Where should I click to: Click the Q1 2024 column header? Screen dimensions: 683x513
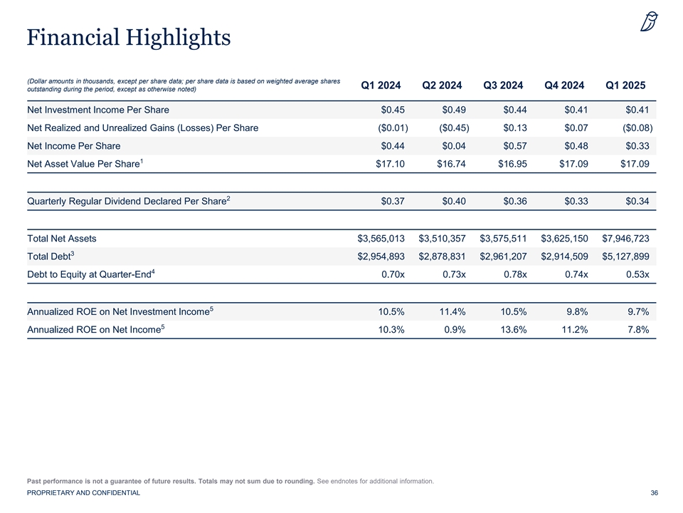381,85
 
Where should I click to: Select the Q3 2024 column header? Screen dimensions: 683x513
503,85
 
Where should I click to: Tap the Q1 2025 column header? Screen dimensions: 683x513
625,85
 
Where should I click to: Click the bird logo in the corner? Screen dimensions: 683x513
649,22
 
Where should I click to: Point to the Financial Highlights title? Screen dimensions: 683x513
129,38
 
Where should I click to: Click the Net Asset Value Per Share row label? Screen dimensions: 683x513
85,164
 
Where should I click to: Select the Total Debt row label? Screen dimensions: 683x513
51,256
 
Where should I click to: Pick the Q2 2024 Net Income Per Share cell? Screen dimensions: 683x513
454,146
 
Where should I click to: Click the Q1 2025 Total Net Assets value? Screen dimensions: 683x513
625,239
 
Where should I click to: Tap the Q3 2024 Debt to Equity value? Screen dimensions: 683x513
515,274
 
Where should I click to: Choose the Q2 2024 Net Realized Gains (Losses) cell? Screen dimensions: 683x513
454,128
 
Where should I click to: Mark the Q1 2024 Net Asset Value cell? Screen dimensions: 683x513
391,164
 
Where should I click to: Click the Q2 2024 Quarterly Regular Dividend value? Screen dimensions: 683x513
454,202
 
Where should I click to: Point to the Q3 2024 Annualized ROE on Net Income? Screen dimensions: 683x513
514,330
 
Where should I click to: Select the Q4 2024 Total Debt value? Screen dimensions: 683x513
564,256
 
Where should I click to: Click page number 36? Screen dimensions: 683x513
655,493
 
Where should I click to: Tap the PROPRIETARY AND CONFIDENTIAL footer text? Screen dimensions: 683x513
84,493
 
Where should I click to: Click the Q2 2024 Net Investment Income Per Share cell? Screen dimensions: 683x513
454,110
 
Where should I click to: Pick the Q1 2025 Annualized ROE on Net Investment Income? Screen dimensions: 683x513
638,312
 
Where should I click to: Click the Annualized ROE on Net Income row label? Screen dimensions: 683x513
96,329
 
